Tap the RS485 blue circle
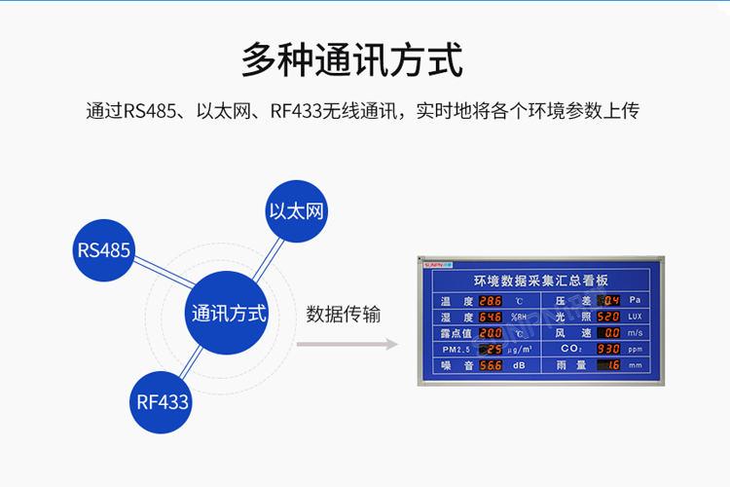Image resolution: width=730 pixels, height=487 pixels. click(103, 250)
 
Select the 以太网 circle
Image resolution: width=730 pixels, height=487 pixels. click(295, 210)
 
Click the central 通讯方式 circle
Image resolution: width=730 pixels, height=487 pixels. click(229, 314)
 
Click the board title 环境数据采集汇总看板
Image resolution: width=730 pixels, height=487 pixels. click(541, 281)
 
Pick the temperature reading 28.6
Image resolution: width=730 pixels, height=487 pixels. click(490, 301)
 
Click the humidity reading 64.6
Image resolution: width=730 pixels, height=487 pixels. click(490, 317)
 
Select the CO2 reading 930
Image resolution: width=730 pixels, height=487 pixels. click(607, 349)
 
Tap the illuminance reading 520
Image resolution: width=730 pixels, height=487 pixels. click(607, 317)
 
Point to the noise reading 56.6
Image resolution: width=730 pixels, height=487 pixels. click(490, 365)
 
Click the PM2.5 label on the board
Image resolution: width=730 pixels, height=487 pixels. click(456, 349)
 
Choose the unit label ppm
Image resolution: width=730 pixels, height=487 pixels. click(635, 349)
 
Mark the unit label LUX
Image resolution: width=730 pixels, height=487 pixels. click(635, 317)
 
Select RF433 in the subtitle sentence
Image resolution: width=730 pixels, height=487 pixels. click(297, 111)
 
